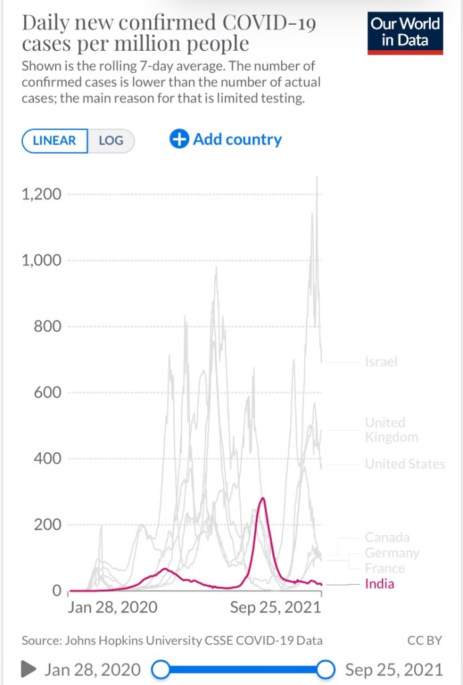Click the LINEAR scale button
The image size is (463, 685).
(x=54, y=141)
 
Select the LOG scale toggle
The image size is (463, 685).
(x=111, y=141)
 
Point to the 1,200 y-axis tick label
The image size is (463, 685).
(x=42, y=195)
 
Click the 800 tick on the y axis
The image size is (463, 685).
(x=49, y=326)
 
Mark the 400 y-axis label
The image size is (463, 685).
(x=49, y=459)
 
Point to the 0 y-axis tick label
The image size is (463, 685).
(x=57, y=591)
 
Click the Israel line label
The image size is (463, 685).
(x=381, y=362)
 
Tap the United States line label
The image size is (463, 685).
(x=405, y=464)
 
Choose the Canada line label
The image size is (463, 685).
(x=387, y=537)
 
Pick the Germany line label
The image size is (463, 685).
(x=392, y=553)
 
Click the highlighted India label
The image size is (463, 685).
(x=379, y=584)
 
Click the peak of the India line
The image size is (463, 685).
(x=262, y=498)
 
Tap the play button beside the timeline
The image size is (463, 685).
(x=28, y=669)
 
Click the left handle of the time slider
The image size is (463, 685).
(x=161, y=669)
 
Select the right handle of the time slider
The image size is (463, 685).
(x=326, y=669)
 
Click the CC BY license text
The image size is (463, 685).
(x=425, y=640)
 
